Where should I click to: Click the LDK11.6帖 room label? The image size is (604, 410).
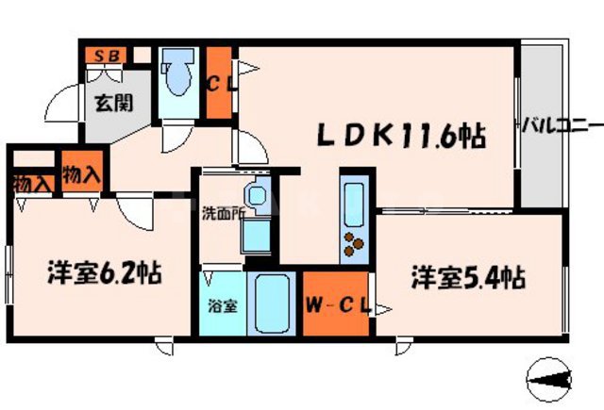[x=400, y=136]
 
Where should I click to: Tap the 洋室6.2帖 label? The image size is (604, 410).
[x=105, y=274]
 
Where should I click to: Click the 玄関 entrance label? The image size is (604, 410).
[x=106, y=103]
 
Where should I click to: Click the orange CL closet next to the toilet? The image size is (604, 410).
[x=220, y=83]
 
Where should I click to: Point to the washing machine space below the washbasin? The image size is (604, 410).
[x=257, y=236]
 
